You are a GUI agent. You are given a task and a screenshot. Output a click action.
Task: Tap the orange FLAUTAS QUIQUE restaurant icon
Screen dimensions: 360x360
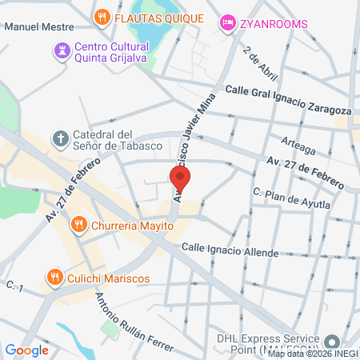pyautogui.click(x=102, y=16)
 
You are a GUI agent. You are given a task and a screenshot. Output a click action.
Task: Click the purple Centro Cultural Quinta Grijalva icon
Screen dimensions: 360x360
pyautogui.click(x=61, y=50)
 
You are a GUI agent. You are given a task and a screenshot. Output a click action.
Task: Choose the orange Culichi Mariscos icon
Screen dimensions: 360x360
pyautogui.click(x=55, y=277)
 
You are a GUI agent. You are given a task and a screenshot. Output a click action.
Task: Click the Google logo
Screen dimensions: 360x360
pyautogui.click(x=26, y=350)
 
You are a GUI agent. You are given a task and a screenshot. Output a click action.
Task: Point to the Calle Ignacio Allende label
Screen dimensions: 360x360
pyautogui.click(x=230, y=252)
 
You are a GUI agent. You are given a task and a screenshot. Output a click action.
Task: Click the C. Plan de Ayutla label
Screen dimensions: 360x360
pyautogui.click(x=291, y=198)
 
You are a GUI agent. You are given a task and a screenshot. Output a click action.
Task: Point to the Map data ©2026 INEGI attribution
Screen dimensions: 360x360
pyautogui.click(x=313, y=354)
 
